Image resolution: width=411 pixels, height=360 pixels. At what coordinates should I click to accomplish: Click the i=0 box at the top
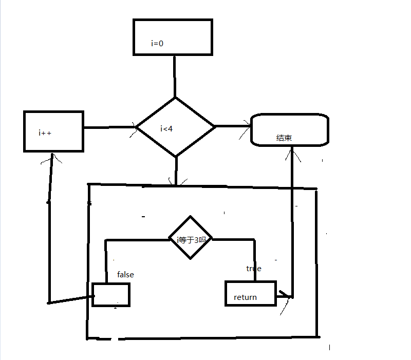click(x=173, y=36)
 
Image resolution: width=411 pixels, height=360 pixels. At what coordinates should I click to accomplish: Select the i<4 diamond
click(x=175, y=127)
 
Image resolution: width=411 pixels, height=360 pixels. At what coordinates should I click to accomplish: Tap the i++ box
click(x=53, y=131)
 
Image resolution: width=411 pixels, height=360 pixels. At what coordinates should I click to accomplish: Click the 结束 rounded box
click(x=289, y=130)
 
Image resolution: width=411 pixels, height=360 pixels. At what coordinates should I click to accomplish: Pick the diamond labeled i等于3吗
click(x=190, y=239)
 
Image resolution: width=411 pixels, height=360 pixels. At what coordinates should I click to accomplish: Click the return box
click(x=251, y=293)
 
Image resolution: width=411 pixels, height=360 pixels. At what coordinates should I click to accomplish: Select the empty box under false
click(x=111, y=295)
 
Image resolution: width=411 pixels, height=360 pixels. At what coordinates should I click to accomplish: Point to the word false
click(x=125, y=275)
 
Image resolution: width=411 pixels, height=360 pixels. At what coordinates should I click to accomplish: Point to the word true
click(x=254, y=269)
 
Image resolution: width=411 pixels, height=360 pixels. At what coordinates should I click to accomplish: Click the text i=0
click(x=157, y=44)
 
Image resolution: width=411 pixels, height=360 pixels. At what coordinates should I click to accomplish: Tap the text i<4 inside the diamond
click(x=166, y=128)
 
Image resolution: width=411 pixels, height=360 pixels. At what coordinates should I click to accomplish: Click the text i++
click(x=45, y=133)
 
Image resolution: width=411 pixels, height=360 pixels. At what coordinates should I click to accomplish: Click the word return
click(x=245, y=297)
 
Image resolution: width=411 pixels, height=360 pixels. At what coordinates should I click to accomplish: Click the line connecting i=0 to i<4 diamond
click(x=175, y=76)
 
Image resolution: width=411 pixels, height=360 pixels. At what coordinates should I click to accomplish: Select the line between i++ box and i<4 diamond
click(x=109, y=127)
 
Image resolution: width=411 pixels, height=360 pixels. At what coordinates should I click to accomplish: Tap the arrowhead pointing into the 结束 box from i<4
click(x=246, y=126)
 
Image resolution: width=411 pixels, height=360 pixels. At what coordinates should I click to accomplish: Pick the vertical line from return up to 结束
click(x=292, y=221)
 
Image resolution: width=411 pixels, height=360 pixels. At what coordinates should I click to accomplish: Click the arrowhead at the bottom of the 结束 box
click(x=292, y=152)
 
